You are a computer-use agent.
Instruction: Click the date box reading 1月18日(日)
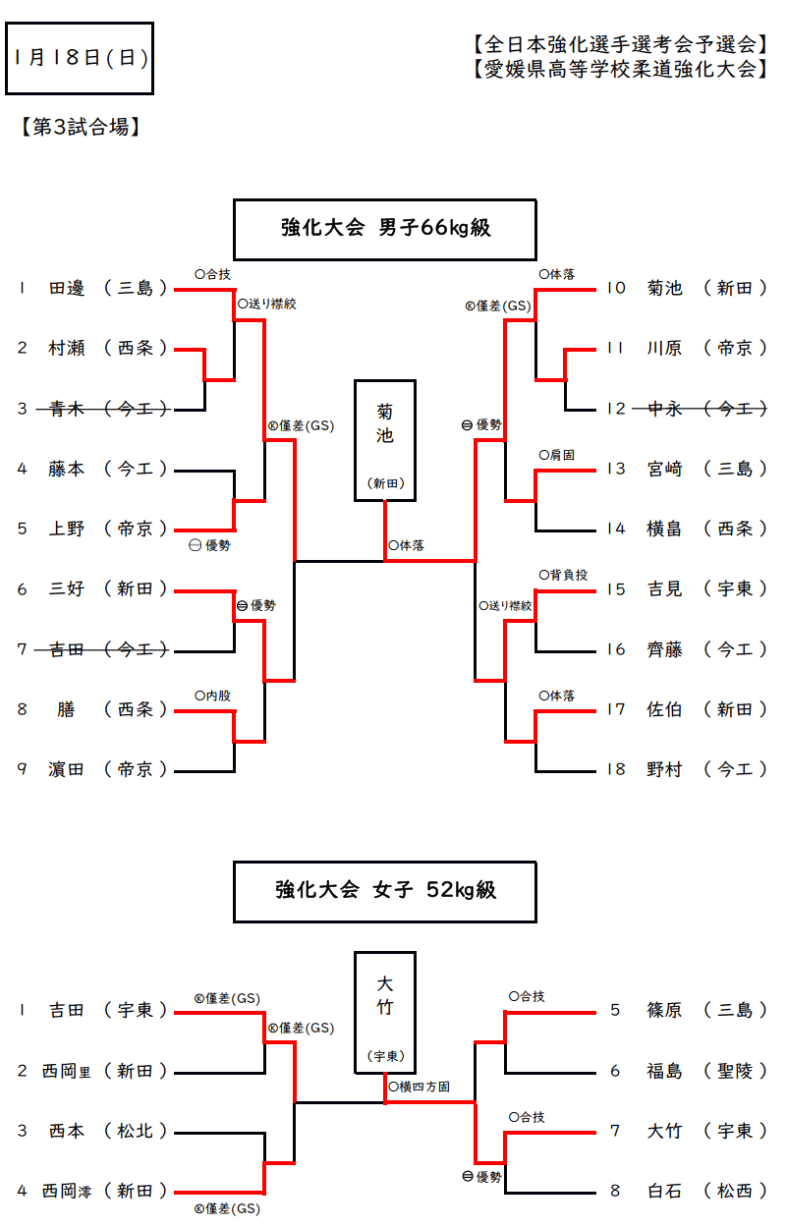(x=80, y=58)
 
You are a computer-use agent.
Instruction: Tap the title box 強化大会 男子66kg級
(x=385, y=229)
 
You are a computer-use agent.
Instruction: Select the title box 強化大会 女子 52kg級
(x=385, y=891)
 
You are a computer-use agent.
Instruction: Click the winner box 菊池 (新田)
(x=385, y=440)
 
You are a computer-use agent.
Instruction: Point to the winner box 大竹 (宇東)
(x=385, y=1012)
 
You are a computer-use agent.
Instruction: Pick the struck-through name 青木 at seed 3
(x=67, y=409)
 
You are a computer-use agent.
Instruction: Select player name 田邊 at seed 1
(x=67, y=289)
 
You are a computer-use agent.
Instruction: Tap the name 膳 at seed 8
(x=67, y=709)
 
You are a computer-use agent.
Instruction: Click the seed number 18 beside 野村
(x=616, y=769)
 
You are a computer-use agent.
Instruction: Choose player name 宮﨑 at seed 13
(x=665, y=469)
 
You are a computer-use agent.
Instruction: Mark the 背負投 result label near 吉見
(x=568, y=575)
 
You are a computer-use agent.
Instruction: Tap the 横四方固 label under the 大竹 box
(x=420, y=1087)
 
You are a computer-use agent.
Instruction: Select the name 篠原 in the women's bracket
(x=665, y=1010)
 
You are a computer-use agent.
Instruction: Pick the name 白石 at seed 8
(x=665, y=1191)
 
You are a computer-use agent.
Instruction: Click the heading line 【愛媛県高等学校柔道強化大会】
(x=616, y=70)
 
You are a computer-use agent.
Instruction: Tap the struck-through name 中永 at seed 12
(x=665, y=409)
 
